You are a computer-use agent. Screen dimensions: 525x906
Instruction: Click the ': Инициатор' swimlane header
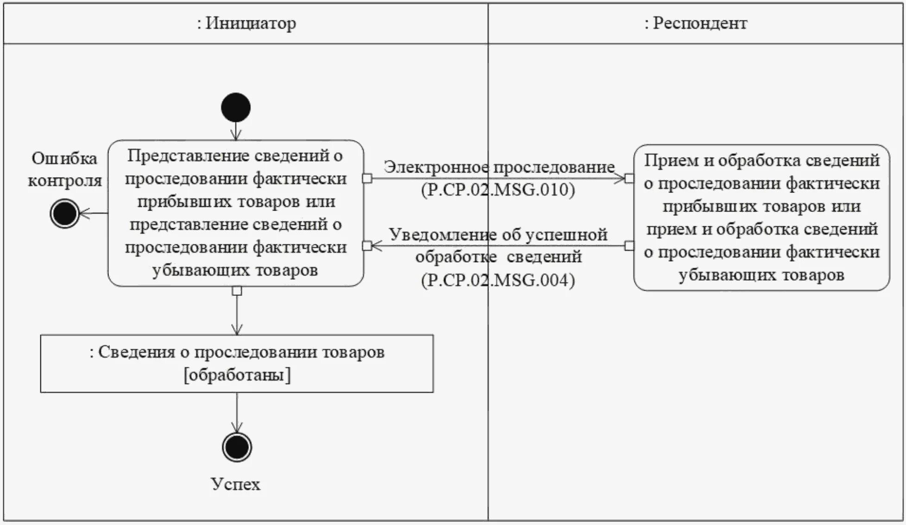tap(246, 23)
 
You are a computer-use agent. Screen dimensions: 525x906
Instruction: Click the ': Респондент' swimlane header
tap(696, 23)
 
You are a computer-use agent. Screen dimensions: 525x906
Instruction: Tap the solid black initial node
tap(236, 108)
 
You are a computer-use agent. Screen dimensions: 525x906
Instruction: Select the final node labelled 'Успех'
tap(237, 447)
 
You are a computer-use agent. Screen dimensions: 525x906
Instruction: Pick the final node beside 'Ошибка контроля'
tap(64, 213)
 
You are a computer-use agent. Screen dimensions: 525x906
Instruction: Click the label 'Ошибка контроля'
tap(64, 170)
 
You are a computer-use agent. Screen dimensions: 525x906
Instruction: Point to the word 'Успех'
tap(235, 484)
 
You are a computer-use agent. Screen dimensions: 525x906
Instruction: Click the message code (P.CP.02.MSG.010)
tap(498, 190)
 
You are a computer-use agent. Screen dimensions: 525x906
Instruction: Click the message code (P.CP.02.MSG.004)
tap(498, 280)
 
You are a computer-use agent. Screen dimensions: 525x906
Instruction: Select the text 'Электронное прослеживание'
tap(499, 167)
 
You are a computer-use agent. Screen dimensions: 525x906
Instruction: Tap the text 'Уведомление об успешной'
tap(498, 235)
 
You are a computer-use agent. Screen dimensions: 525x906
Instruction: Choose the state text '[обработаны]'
tap(237, 375)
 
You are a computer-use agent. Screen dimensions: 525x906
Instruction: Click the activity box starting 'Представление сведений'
tap(236, 213)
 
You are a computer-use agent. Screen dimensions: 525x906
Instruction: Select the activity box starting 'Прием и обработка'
tap(761, 218)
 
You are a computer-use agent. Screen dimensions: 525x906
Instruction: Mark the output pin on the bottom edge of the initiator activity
tap(237, 291)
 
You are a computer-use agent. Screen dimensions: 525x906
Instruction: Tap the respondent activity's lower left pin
tap(629, 246)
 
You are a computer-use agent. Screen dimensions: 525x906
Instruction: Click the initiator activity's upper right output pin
tap(367, 179)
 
